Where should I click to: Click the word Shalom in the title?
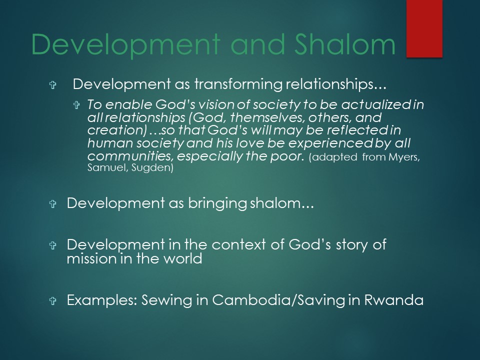pyautogui.click(x=345, y=44)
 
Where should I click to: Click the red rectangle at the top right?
pyautogui.click(x=424, y=28)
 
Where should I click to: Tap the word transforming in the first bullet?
pyautogui.click(x=238, y=84)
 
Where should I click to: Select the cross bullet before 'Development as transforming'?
pyautogui.click(x=52, y=85)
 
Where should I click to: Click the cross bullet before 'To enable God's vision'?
pyautogui.click(x=76, y=105)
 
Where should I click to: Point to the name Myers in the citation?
pyautogui.click(x=404, y=157)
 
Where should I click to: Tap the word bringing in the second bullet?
pyautogui.click(x=217, y=203)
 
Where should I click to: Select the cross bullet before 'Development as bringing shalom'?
pyautogui.click(x=52, y=203)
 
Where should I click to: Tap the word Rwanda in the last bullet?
pyautogui.click(x=393, y=300)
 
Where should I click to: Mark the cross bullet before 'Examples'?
pyautogui.click(x=52, y=300)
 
